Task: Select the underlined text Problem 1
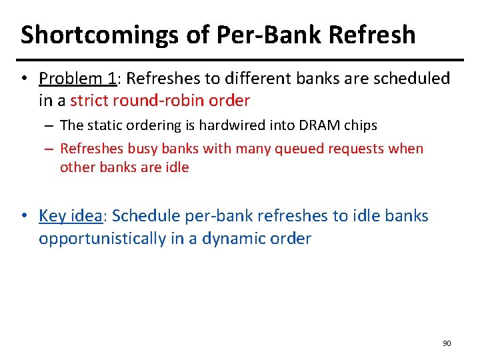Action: [x=77, y=79]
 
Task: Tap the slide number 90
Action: [x=447, y=343]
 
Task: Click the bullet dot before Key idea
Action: [x=24, y=217]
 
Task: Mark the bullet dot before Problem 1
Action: [x=24, y=79]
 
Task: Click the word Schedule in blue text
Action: [x=139, y=216]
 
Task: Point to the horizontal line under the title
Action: [x=240, y=59]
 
